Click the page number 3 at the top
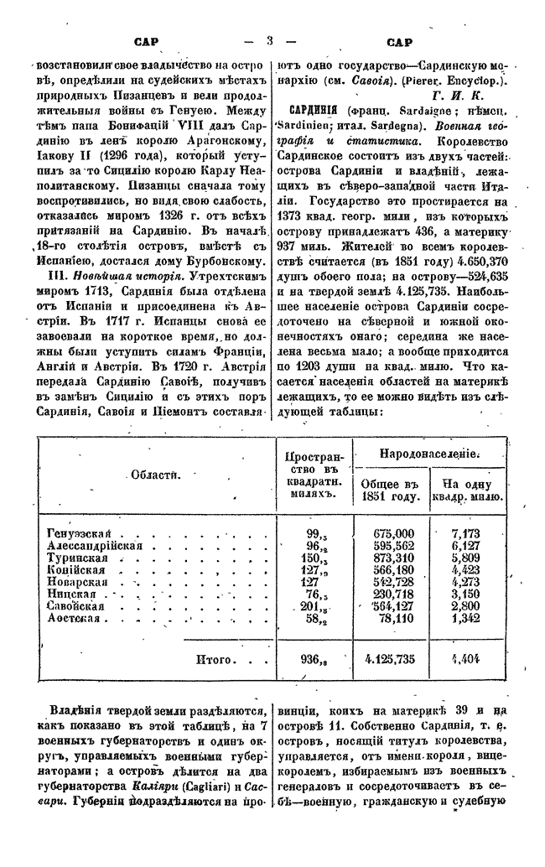(270, 40)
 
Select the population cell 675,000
(394, 533)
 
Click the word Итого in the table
(214, 659)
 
